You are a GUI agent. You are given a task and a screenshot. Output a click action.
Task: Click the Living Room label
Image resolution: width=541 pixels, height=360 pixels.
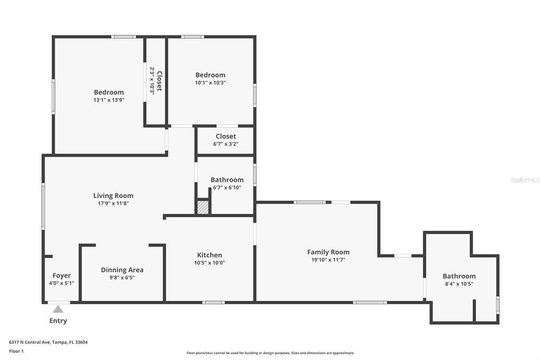[x=113, y=195]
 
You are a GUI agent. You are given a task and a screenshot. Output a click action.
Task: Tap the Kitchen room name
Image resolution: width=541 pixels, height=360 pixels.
[x=209, y=255]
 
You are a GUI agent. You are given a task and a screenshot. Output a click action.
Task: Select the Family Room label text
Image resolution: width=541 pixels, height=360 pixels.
[x=328, y=252]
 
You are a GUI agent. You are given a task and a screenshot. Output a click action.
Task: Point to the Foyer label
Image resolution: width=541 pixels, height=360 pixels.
[x=61, y=276]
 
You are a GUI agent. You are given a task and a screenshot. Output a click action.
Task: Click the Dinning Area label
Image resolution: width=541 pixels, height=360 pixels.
[x=122, y=270]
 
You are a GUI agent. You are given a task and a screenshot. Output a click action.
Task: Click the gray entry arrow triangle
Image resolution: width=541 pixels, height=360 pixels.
[x=58, y=309]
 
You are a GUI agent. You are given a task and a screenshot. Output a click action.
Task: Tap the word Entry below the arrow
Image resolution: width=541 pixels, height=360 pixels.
[x=58, y=321]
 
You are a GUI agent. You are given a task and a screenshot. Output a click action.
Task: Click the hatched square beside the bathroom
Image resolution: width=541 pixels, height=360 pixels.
[x=203, y=207]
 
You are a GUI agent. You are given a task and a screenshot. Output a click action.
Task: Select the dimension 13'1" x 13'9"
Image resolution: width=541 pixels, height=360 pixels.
[x=109, y=100]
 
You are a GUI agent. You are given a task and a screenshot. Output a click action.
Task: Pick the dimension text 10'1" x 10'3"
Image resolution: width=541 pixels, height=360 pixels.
[x=210, y=83]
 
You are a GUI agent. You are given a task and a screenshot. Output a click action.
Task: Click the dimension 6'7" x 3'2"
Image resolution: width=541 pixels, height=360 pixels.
[x=226, y=144]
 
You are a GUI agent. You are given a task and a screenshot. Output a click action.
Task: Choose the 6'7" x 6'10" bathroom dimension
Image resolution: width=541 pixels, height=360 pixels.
[x=227, y=187]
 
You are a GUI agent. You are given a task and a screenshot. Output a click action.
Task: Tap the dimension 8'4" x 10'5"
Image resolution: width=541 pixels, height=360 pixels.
[x=459, y=284]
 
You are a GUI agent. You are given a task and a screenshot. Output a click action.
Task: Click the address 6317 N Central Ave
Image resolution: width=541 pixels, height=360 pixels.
[x=30, y=343]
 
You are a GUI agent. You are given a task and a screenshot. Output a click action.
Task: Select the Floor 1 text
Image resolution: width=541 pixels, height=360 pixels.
[x=16, y=352]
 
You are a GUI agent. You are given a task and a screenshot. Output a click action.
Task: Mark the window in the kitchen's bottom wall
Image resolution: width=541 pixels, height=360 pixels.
[x=213, y=303]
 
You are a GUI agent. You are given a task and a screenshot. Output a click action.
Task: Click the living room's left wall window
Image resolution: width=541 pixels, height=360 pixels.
[x=43, y=206]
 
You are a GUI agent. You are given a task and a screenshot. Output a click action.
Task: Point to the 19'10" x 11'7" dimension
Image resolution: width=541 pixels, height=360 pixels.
[x=328, y=260]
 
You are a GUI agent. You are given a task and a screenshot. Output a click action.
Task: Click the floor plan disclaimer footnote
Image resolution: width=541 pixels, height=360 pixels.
[x=270, y=353]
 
